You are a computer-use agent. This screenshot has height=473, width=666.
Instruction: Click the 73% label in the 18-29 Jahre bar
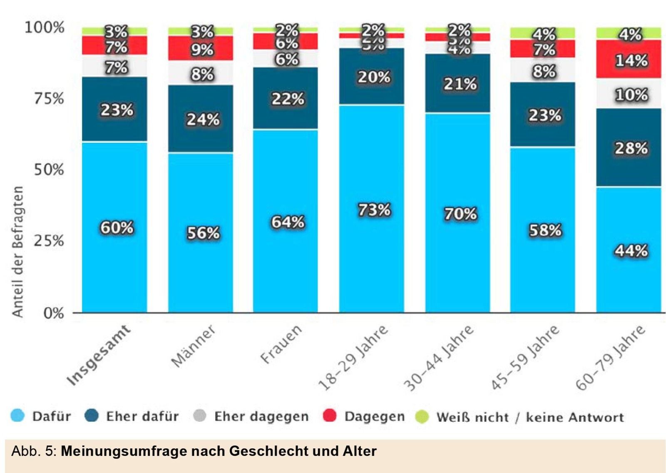[374, 209]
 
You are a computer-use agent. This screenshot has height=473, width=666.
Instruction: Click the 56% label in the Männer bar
[203, 233]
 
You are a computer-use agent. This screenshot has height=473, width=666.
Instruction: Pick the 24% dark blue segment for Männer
[203, 119]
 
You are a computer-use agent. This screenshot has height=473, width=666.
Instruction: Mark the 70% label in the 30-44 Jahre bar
[460, 214]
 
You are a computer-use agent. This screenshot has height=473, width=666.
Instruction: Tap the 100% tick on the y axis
[45, 27]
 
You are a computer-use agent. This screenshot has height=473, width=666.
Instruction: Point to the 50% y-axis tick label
[49, 170]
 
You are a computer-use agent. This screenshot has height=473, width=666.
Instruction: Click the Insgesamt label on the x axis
[98, 355]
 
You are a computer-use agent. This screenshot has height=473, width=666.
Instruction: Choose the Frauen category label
[281, 344]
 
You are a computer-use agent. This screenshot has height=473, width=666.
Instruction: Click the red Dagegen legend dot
[329, 416]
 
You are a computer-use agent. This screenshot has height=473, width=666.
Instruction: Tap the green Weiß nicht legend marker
[422, 416]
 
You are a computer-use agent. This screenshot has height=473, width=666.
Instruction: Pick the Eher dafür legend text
[142, 416]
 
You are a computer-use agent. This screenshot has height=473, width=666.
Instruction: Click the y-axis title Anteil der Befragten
[17, 251]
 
